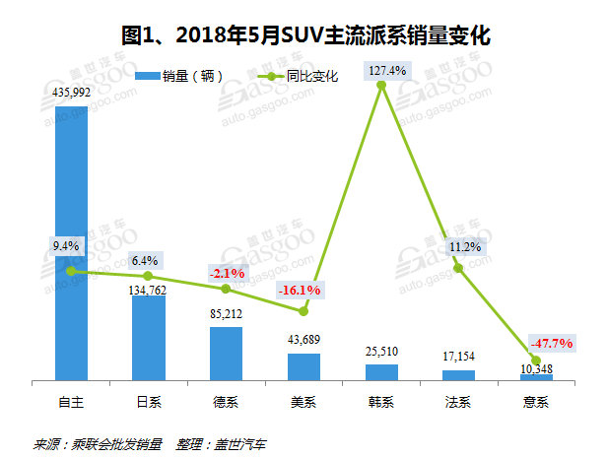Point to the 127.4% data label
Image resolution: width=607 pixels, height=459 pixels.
(x=381, y=69)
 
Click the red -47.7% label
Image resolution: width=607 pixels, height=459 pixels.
(x=552, y=343)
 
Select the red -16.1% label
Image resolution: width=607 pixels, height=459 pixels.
(x=301, y=291)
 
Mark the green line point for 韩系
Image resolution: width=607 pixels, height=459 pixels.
(x=381, y=86)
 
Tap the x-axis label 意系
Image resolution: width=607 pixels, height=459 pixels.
(x=537, y=401)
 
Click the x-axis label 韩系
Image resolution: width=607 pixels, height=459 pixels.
(x=381, y=401)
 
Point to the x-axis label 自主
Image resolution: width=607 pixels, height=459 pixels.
(x=71, y=401)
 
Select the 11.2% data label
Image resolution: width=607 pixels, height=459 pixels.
(x=459, y=246)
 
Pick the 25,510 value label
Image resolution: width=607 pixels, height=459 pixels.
(x=381, y=352)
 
